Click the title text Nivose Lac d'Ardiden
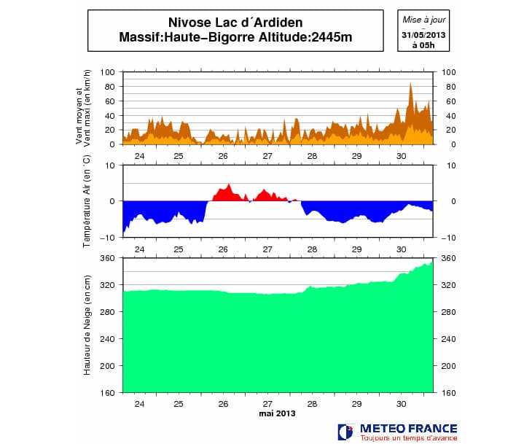[235, 23]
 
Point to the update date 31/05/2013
[423, 35]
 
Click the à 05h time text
[423, 44]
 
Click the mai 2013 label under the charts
[277, 414]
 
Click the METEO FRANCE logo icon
[346, 432]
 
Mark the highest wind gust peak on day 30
[410, 83]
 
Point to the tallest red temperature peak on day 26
[229, 184]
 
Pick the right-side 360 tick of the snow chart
[447, 258]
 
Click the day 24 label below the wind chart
[140, 156]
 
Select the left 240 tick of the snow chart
[108, 339]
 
